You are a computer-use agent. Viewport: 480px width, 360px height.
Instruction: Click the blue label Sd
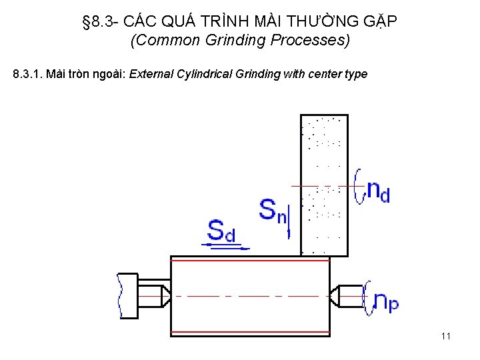tap(221, 231)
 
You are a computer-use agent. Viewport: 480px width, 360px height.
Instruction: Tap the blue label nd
tap(379, 191)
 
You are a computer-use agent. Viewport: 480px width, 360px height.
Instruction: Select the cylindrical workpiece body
tap(250, 296)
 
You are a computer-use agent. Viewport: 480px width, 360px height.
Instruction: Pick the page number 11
tap(446, 336)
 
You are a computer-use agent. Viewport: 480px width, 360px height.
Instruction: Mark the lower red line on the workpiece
tap(250, 332)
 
